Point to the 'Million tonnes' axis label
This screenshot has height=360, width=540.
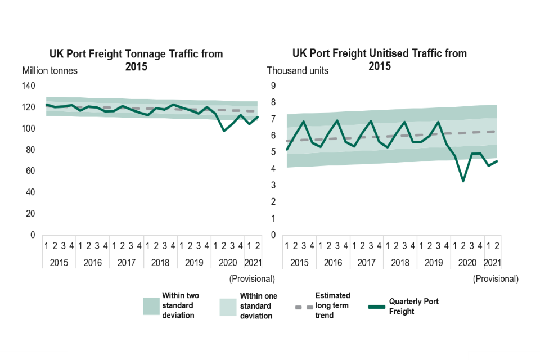tap(49, 71)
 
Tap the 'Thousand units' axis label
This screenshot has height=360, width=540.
tap(298, 71)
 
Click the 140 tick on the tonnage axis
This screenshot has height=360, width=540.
tap(28, 85)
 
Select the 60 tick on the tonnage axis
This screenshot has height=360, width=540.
tap(30, 170)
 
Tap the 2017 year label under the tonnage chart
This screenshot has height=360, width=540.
tap(127, 262)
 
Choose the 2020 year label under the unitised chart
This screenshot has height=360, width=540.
tap(467, 262)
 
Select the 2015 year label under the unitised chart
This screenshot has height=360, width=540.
tap(299, 262)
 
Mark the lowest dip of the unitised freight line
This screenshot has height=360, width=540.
tap(463, 181)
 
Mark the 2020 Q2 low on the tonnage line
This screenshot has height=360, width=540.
tap(224, 130)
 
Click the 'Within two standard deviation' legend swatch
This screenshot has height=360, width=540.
tap(151, 306)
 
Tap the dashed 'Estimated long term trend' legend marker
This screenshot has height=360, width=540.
tap(304, 307)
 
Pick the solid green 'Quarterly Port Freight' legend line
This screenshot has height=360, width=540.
tap(377, 307)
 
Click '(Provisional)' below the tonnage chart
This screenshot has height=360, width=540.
tap(252, 278)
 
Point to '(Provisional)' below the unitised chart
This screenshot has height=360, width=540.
tap(496, 278)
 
